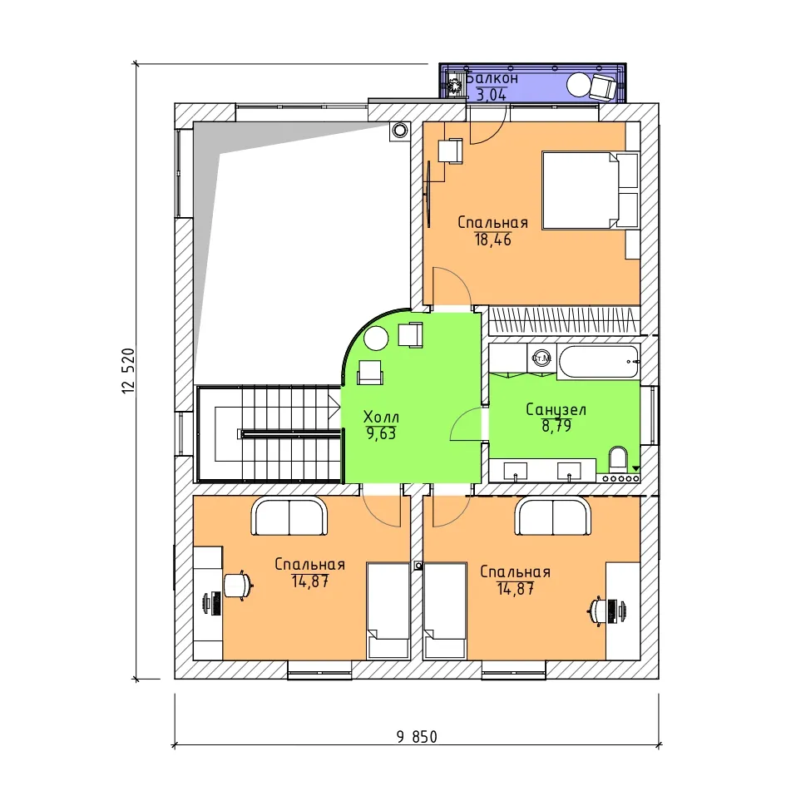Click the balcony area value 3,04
[x=492, y=95]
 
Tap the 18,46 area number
[x=492, y=240]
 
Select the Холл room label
[x=381, y=417]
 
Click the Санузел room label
[x=556, y=409]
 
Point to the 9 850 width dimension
[x=417, y=737]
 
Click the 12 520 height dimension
[x=128, y=370]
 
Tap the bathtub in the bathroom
[x=599, y=362]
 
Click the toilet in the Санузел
[x=617, y=459]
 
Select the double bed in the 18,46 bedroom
[x=591, y=190]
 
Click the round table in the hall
[x=376, y=339]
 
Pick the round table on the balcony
[x=579, y=85]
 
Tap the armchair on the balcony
[x=603, y=87]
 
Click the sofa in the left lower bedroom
[x=289, y=516]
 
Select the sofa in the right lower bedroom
[x=552, y=516]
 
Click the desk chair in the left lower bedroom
[x=238, y=585]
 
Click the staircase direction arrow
[x=334, y=406]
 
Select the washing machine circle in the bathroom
[x=541, y=358]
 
